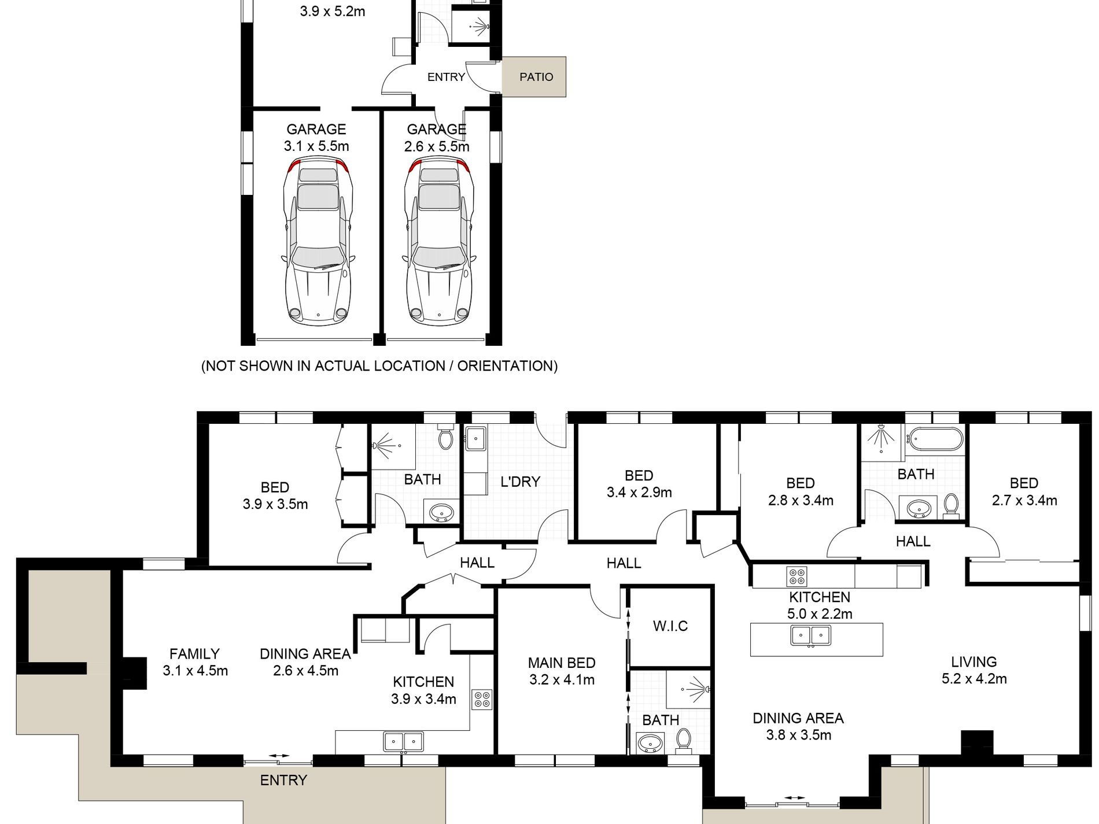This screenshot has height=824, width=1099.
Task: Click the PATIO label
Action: [536, 77]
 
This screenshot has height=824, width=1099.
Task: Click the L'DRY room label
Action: [520, 481]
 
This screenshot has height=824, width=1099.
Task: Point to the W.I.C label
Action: [670, 626]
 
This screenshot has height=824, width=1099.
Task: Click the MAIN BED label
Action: [561, 663]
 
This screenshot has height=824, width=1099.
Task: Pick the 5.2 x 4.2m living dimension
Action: [974, 679]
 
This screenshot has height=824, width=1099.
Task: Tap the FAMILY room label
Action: [194, 654]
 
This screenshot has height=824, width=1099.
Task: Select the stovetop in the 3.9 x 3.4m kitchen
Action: [481, 699]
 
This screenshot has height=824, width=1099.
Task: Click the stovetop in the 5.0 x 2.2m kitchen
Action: [796, 577]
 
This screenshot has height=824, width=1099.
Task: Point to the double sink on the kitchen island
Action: [811, 635]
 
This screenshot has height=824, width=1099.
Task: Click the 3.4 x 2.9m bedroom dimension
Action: [639, 493]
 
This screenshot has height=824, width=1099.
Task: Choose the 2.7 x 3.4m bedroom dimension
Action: [1024, 501]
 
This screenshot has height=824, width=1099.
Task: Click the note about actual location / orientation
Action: [379, 366]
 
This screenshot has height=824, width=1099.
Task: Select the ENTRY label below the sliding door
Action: [283, 781]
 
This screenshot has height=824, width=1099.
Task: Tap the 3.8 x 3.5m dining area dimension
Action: [799, 736]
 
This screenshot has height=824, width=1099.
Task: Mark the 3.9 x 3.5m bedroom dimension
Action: [275, 504]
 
